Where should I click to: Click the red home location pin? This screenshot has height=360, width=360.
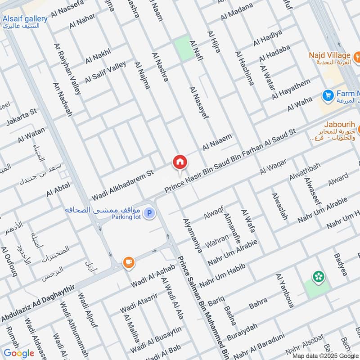180,162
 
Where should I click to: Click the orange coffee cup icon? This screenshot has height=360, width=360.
129,263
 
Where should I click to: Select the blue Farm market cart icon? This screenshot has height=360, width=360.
327,95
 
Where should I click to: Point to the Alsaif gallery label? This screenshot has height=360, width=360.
25,18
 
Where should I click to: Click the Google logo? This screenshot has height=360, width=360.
19,353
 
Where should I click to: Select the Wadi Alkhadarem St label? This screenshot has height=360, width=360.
122,185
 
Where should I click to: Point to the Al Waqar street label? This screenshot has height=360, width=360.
273,167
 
